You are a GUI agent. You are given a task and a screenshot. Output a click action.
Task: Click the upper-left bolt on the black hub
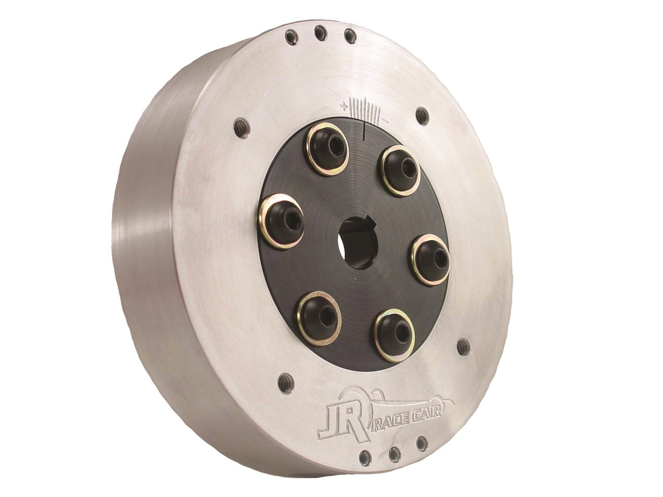point(326,149)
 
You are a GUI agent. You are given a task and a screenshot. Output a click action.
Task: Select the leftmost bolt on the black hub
point(282,222)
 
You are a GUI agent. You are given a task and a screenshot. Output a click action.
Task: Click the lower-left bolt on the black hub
point(319,317)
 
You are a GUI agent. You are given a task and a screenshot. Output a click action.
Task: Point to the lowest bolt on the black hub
point(395,335)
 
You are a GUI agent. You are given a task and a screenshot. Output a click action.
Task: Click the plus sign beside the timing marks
point(343,106)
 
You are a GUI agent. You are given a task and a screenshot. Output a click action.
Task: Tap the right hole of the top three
point(351,36)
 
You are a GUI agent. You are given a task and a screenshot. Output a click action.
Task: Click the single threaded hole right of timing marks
point(423,115)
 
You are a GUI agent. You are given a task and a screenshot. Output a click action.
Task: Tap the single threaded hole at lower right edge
point(464,347)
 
